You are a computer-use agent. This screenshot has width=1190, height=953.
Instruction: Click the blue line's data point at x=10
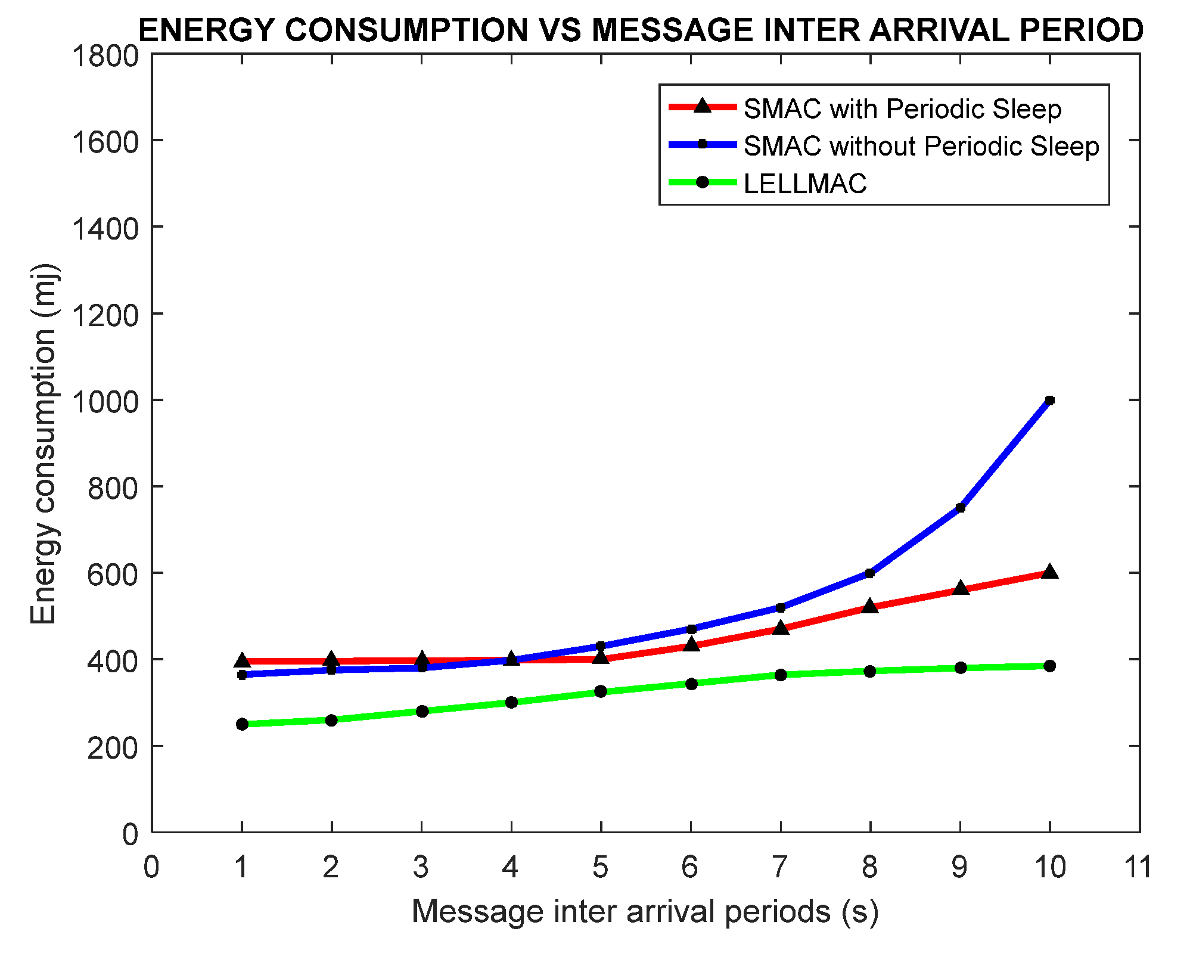tap(1049, 401)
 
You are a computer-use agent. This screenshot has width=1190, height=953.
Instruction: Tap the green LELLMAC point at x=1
tap(242, 724)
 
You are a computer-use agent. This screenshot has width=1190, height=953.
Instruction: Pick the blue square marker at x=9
tap(960, 508)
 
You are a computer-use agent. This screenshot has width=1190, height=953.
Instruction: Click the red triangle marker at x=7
tap(781, 628)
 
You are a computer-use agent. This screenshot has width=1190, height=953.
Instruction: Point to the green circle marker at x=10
tap(1049, 666)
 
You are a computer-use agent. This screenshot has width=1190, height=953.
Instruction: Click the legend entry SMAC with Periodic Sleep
tap(902, 109)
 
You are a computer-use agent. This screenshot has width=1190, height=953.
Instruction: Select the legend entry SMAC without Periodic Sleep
tap(921, 146)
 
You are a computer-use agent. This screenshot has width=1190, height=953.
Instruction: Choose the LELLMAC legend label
tap(805, 183)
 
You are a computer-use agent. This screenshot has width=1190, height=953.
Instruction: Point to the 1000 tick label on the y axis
tap(104, 401)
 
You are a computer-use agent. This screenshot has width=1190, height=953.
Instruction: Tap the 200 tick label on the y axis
tap(113, 747)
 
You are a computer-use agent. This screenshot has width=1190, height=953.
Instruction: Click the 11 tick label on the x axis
tap(1138, 867)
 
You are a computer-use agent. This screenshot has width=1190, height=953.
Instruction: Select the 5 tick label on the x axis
tap(600, 867)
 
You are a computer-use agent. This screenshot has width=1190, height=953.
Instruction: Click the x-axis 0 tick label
tap(152, 867)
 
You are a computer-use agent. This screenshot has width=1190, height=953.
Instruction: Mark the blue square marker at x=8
tap(869, 573)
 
